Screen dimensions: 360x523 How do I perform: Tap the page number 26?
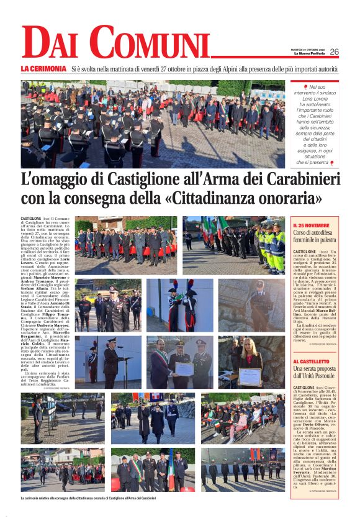tap(335, 52)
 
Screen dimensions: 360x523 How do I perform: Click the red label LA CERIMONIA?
tap(43, 68)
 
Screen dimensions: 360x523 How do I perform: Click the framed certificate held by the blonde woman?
tap(251, 375)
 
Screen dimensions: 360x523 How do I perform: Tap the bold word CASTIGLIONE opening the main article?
tap(32, 219)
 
